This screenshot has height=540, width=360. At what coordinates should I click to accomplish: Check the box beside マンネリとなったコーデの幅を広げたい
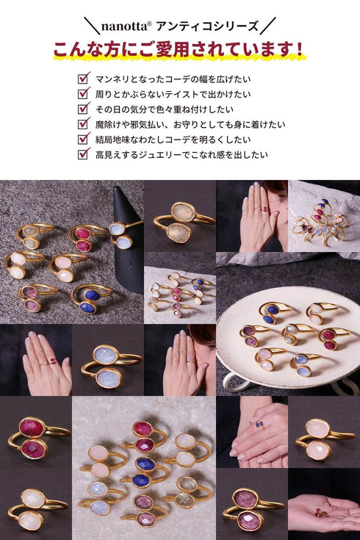(x=83, y=78)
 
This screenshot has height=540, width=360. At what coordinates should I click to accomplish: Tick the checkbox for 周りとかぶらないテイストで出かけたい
(x=83, y=93)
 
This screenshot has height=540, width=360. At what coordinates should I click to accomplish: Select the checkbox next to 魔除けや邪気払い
(x=83, y=123)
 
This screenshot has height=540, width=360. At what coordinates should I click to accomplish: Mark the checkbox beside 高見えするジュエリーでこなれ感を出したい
(x=83, y=154)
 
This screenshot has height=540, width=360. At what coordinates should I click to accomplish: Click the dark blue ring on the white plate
(x=270, y=312)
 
